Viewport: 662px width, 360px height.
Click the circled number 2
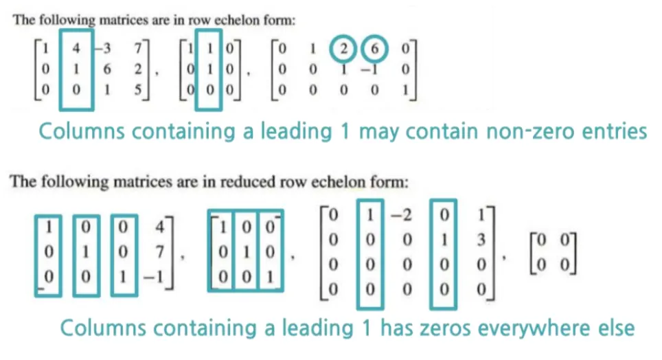[341, 50]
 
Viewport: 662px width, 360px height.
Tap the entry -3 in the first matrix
[106, 50]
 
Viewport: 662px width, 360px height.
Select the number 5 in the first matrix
[138, 89]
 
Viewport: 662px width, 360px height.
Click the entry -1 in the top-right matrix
[373, 69]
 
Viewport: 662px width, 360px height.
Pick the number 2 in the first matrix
[138, 69]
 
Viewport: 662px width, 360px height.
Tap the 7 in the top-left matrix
[138, 50]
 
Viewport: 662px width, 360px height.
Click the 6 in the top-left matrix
[109, 69]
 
